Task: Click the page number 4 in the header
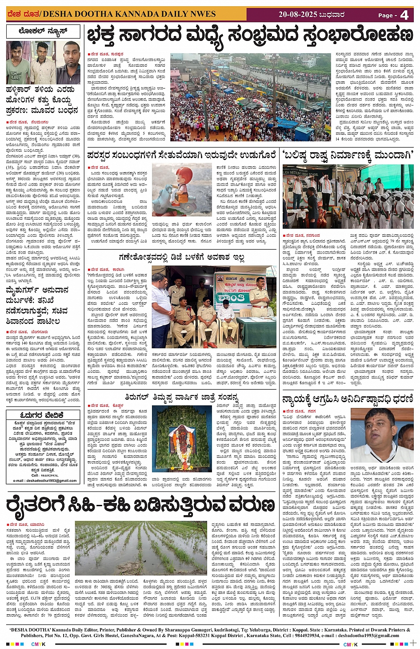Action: [404, 15]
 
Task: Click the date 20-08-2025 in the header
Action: [298, 15]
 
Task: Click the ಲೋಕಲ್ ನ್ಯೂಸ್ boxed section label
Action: [43, 32]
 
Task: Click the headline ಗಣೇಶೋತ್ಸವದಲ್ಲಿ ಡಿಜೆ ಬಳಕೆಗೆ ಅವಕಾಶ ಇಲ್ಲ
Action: [182, 257]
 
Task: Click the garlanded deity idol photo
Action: [181, 438]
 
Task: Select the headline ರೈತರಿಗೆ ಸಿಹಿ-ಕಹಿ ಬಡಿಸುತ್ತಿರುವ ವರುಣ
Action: [140, 506]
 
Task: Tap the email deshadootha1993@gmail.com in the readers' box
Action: [45, 480]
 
